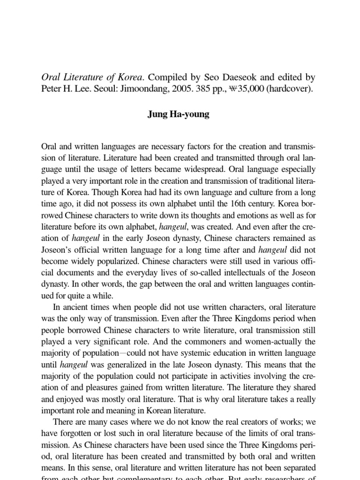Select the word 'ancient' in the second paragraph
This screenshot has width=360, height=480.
pos(77,307)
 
